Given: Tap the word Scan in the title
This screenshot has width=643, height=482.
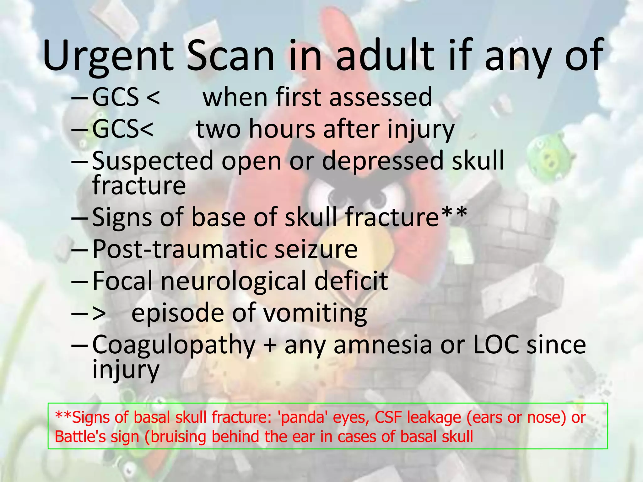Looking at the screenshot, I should [231, 56].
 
